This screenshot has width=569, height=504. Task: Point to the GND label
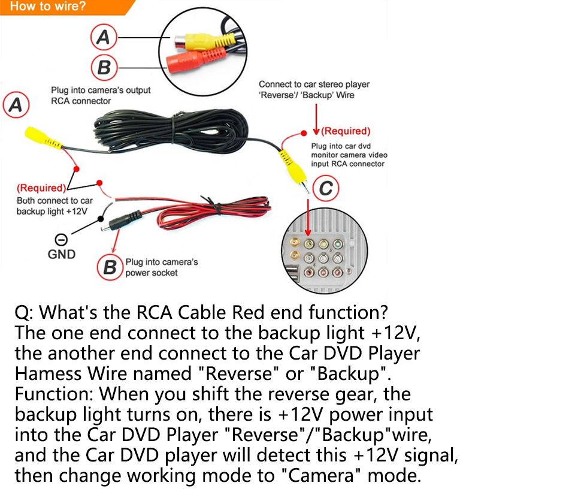62,254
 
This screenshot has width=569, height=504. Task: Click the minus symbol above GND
60,240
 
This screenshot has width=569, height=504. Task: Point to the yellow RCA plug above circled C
288,162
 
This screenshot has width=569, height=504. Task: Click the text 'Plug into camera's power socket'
161,267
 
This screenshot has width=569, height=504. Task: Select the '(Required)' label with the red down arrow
346,131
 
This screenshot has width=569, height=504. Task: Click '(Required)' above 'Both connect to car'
41,188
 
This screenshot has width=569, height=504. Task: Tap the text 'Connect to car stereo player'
314,84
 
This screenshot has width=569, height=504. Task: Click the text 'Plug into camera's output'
101,90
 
